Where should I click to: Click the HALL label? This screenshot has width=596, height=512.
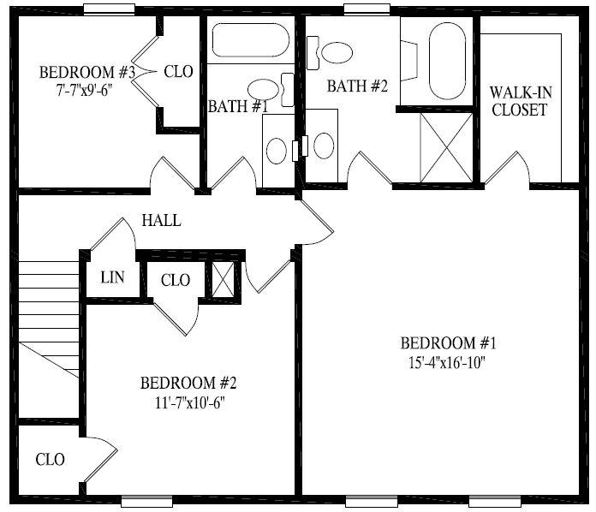(162, 220)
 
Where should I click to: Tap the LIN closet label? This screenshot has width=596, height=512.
(112, 278)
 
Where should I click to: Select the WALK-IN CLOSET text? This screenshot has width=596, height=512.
(520, 101)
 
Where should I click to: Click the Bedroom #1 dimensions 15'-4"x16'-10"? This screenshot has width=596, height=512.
(447, 363)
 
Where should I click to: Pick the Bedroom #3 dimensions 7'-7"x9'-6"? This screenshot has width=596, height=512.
(86, 91)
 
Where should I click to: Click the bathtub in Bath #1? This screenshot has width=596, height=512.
(251, 40)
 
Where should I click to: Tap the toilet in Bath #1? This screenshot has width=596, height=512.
(271, 90)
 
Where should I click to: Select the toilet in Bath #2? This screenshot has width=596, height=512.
(330, 52)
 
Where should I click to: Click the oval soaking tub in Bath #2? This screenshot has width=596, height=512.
(447, 61)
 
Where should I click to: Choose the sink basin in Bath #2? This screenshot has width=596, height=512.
(324, 146)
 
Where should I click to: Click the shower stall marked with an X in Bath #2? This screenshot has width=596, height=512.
(446, 147)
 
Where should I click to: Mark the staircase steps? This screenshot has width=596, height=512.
(49, 319)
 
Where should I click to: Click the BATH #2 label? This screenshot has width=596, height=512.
(357, 86)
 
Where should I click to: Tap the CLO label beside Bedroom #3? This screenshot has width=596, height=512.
(178, 71)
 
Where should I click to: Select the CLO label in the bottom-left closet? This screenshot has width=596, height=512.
(51, 460)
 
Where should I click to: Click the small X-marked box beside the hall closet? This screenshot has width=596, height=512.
(223, 279)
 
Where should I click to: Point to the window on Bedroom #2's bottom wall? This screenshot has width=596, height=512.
(147, 501)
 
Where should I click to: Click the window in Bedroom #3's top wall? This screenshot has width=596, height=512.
(109, 9)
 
